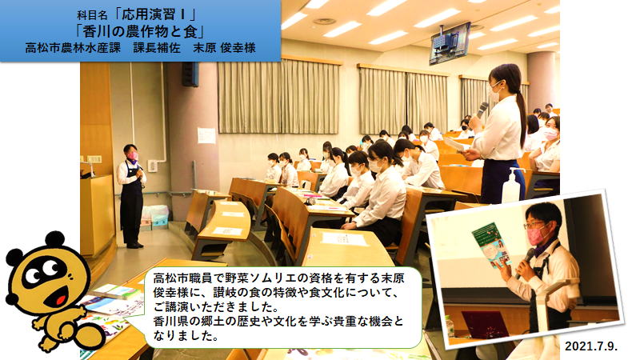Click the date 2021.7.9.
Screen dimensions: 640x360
pyautogui.click(x=591, y=346)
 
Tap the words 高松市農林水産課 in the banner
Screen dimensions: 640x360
pyautogui.click(x=73, y=48)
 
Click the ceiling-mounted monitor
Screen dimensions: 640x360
pyautogui.click(x=450, y=43)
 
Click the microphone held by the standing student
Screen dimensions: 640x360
pyautogui.click(x=482, y=109)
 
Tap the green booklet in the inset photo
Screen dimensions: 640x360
pyautogui.click(x=491, y=245)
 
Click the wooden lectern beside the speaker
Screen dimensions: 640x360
pyautogui.click(x=97, y=214)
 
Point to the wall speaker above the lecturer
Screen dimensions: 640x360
pyautogui.click(x=190, y=74)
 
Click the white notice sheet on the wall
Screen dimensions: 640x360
pyautogui.click(x=206, y=135)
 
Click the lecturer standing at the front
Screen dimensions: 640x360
pyautogui.click(x=131, y=196)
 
